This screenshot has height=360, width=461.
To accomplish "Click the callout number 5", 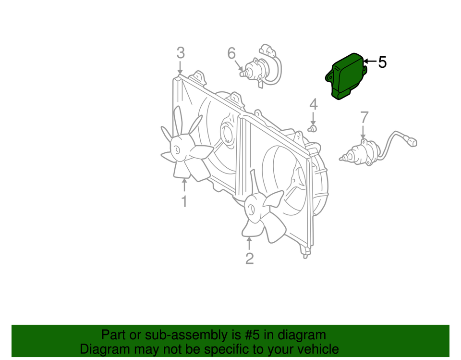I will pyautogui.click(x=382, y=62).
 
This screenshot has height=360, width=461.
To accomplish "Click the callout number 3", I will pyautogui.click(x=180, y=52).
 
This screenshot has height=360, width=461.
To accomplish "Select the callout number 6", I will pyautogui.click(x=231, y=53).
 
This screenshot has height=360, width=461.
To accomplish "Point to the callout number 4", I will pyautogui.click(x=313, y=104).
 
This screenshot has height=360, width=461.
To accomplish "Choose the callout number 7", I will pyautogui.click(x=364, y=117).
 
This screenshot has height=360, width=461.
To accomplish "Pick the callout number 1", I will pyautogui.click(x=184, y=201).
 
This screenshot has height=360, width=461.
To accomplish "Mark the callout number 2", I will pyautogui.click(x=249, y=259).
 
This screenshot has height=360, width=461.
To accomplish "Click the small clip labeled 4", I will pyautogui.click(x=313, y=128).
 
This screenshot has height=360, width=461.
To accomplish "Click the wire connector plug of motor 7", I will pyautogui.click(x=412, y=142).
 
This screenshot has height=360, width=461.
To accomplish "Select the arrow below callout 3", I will pyautogui.click(x=180, y=67).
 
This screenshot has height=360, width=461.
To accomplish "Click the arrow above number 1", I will pyautogui.click(x=184, y=185).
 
